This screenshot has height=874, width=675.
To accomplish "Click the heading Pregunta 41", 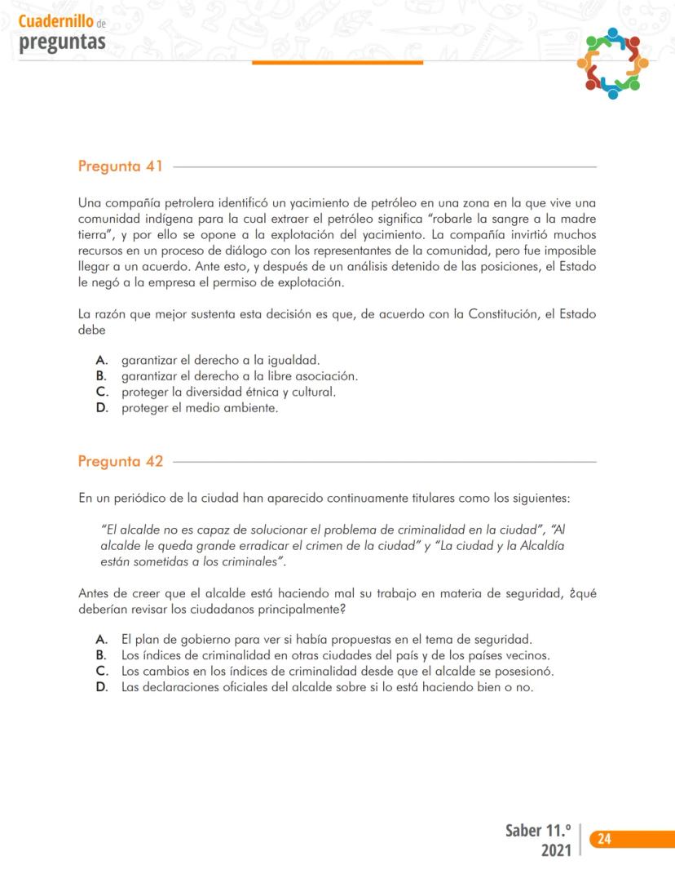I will pyautogui.click(x=120, y=167).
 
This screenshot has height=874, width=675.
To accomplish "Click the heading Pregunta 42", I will pyautogui.click(x=120, y=462).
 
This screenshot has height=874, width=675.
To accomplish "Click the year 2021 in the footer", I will pyautogui.click(x=559, y=850).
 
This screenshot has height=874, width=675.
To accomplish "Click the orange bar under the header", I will pyautogui.click(x=337, y=62).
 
